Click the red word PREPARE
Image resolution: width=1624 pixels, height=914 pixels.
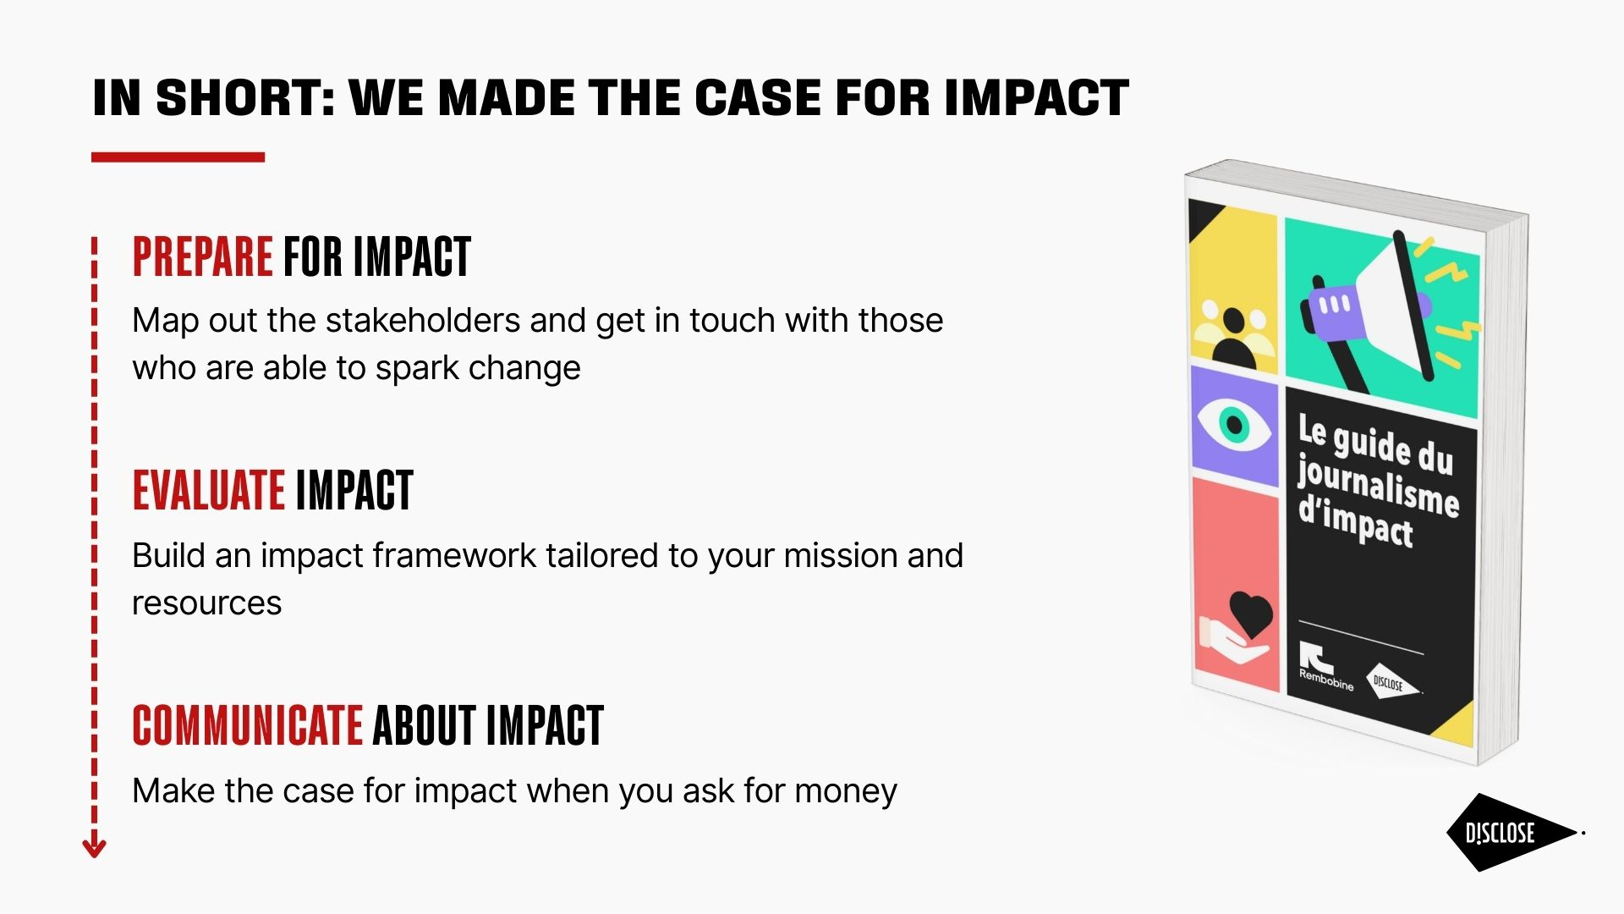click(202, 256)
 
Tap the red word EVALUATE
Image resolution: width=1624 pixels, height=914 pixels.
click(208, 490)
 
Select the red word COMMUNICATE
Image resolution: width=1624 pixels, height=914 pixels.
click(248, 725)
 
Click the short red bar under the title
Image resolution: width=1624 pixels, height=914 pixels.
click(178, 157)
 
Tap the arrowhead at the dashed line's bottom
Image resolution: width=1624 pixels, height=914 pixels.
click(94, 847)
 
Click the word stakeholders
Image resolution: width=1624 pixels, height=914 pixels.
click(423, 321)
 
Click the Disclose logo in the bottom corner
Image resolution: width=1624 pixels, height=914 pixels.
click(1512, 833)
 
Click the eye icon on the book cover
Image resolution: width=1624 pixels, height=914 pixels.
click(1233, 421)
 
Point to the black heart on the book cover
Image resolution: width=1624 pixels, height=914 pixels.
click(1251, 613)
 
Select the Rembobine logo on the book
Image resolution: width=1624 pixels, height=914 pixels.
click(1324, 666)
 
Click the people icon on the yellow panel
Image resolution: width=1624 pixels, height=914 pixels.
click(1233, 333)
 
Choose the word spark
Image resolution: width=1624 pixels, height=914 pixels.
click(417, 369)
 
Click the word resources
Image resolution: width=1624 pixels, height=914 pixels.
click(207, 603)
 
